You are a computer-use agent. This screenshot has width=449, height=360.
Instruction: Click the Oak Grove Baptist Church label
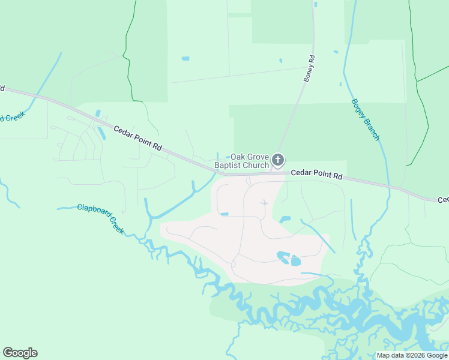tap(250, 161)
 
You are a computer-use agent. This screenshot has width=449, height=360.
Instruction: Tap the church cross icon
tap(277, 160)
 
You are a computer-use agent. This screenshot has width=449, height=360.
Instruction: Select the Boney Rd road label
tap(310, 68)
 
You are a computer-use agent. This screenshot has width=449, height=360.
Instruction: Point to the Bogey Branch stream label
tap(365, 119)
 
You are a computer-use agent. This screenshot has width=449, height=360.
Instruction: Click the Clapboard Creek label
tap(100, 218)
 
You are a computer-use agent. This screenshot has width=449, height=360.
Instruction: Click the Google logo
tap(20, 353)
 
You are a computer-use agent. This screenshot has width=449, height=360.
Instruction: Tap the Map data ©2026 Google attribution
tap(412, 355)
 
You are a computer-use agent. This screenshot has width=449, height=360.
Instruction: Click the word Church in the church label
tap(256, 165)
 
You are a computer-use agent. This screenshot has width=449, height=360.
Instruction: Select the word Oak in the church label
tap(240, 156)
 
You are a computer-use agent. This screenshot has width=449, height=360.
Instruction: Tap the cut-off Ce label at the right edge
tap(442, 200)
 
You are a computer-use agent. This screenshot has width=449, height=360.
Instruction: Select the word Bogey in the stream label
tap(358, 108)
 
